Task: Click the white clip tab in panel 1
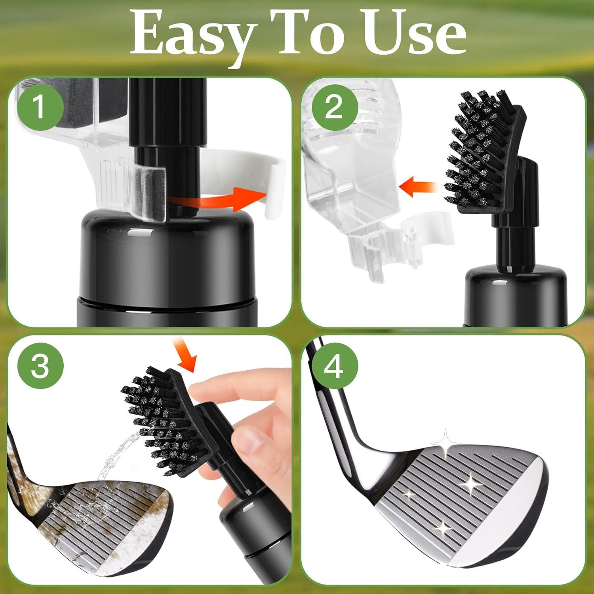coord(273,186)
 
